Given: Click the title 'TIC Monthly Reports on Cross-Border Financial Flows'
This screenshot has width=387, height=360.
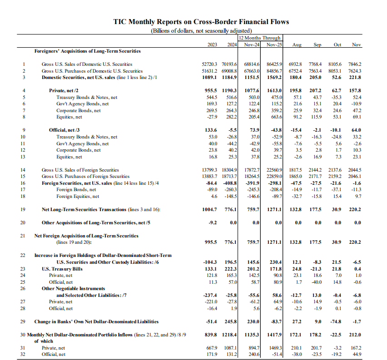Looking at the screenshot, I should [x=201, y=22].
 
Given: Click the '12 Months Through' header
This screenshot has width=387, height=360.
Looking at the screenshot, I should [x=260, y=38].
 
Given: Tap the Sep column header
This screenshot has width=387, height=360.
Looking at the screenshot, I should [x=318, y=44].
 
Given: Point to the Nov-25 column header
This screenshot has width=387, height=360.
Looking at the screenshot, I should [x=274, y=44].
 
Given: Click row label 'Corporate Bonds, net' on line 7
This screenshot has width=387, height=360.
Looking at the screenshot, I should [x=79, y=110].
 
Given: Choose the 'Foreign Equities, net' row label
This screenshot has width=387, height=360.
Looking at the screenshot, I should [x=78, y=196].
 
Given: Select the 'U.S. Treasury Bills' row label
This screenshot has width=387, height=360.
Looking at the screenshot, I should [x=62, y=268].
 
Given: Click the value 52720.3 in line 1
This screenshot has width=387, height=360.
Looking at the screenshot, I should [x=211, y=64].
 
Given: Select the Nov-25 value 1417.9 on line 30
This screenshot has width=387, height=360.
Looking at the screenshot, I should [x=274, y=335].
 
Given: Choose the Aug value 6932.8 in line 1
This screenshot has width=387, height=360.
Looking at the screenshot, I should [x=295, y=64].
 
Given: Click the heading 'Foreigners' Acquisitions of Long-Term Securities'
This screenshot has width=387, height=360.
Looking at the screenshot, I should [x=88, y=51].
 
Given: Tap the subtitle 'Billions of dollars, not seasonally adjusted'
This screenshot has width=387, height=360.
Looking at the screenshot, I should [x=201, y=30].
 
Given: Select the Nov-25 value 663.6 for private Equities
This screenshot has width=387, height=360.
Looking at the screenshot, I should [x=275, y=117].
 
